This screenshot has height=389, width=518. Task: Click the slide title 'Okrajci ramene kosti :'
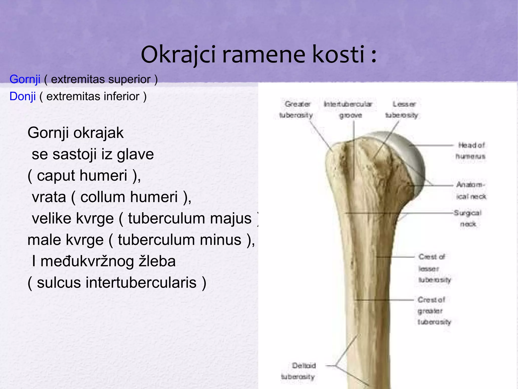click(258, 54)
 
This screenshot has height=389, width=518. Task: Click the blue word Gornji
click(25, 79)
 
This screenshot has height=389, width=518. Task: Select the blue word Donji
click(23, 97)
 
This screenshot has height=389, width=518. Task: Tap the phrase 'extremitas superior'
click(101, 79)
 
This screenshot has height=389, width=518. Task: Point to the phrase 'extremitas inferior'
click(93, 97)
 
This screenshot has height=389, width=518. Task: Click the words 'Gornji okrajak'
click(75, 133)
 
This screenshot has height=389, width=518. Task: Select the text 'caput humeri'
click(82, 175)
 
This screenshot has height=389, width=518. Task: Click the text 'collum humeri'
click(129, 197)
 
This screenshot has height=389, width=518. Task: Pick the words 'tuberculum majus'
click(190, 218)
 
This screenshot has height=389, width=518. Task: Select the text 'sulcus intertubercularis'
click(117, 283)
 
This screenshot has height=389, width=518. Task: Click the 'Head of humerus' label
click(471, 151)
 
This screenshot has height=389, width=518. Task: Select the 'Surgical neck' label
click(468, 218)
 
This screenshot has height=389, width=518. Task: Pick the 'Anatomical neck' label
click(471, 190)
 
